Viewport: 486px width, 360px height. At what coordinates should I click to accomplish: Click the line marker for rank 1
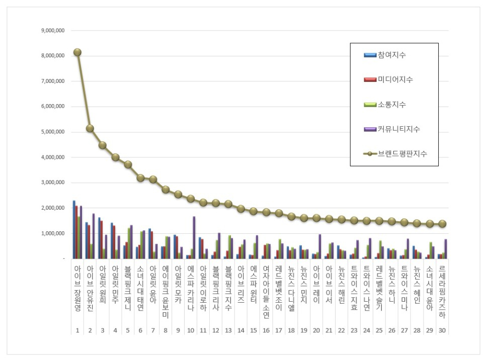click(x=77, y=52)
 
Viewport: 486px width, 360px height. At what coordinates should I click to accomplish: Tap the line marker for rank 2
click(x=90, y=128)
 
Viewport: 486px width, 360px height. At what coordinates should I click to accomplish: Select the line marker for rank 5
click(x=128, y=164)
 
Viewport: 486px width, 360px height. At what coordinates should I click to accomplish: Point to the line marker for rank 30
click(x=442, y=224)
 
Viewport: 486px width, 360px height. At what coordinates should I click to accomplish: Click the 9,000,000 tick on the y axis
click(x=53, y=31)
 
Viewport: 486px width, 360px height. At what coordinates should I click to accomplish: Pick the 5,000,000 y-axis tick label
click(x=53, y=132)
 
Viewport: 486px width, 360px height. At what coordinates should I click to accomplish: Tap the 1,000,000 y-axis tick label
click(x=53, y=234)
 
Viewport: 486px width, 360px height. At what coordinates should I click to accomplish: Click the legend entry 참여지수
click(x=391, y=55)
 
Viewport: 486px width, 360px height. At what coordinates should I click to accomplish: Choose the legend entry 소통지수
click(x=391, y=105)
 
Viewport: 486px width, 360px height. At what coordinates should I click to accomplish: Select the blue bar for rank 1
click(x=74, y=229)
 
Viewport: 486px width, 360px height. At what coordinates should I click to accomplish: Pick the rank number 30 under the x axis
click(x=442, y=330)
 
